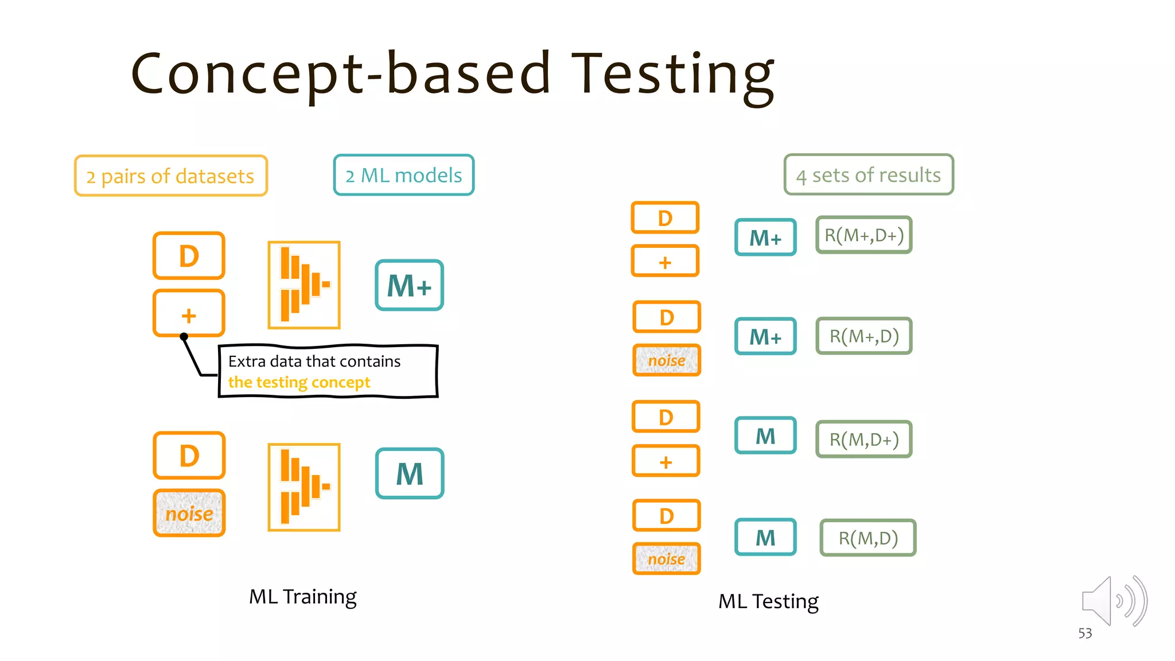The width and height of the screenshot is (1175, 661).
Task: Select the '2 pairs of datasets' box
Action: coord(170,176)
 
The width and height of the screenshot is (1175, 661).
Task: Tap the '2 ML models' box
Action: coord(403,175)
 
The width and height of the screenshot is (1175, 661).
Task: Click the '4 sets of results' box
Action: coord(868,174)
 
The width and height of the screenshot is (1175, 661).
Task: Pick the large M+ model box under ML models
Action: coord(409,286)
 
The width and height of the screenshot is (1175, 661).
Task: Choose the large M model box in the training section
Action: coord(410,474)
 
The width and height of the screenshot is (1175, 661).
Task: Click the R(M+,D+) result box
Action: coord(863,235)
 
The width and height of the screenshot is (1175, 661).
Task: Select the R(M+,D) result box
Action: coord(863,336)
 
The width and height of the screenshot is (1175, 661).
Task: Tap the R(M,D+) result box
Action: coord(863,440)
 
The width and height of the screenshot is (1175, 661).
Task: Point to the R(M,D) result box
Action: coord(867,538)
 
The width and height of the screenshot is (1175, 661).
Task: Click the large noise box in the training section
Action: coord(189,514)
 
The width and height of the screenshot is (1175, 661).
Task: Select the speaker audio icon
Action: coord(1113,601)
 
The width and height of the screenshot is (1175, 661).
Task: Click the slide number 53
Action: coord(1085,633)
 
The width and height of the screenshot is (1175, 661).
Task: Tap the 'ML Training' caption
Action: coord(302,597)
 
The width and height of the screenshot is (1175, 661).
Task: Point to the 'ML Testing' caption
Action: coord(768,601)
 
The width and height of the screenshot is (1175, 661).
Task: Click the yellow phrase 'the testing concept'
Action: coord(299,382)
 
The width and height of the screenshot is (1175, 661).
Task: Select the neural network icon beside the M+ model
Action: coord(304,285)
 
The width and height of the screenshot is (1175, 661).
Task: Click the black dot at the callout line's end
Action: coord(184,337)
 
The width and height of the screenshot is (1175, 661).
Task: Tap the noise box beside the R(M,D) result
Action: coord(666,559)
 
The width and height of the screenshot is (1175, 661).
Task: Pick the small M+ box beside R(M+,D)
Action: coord(765,336)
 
